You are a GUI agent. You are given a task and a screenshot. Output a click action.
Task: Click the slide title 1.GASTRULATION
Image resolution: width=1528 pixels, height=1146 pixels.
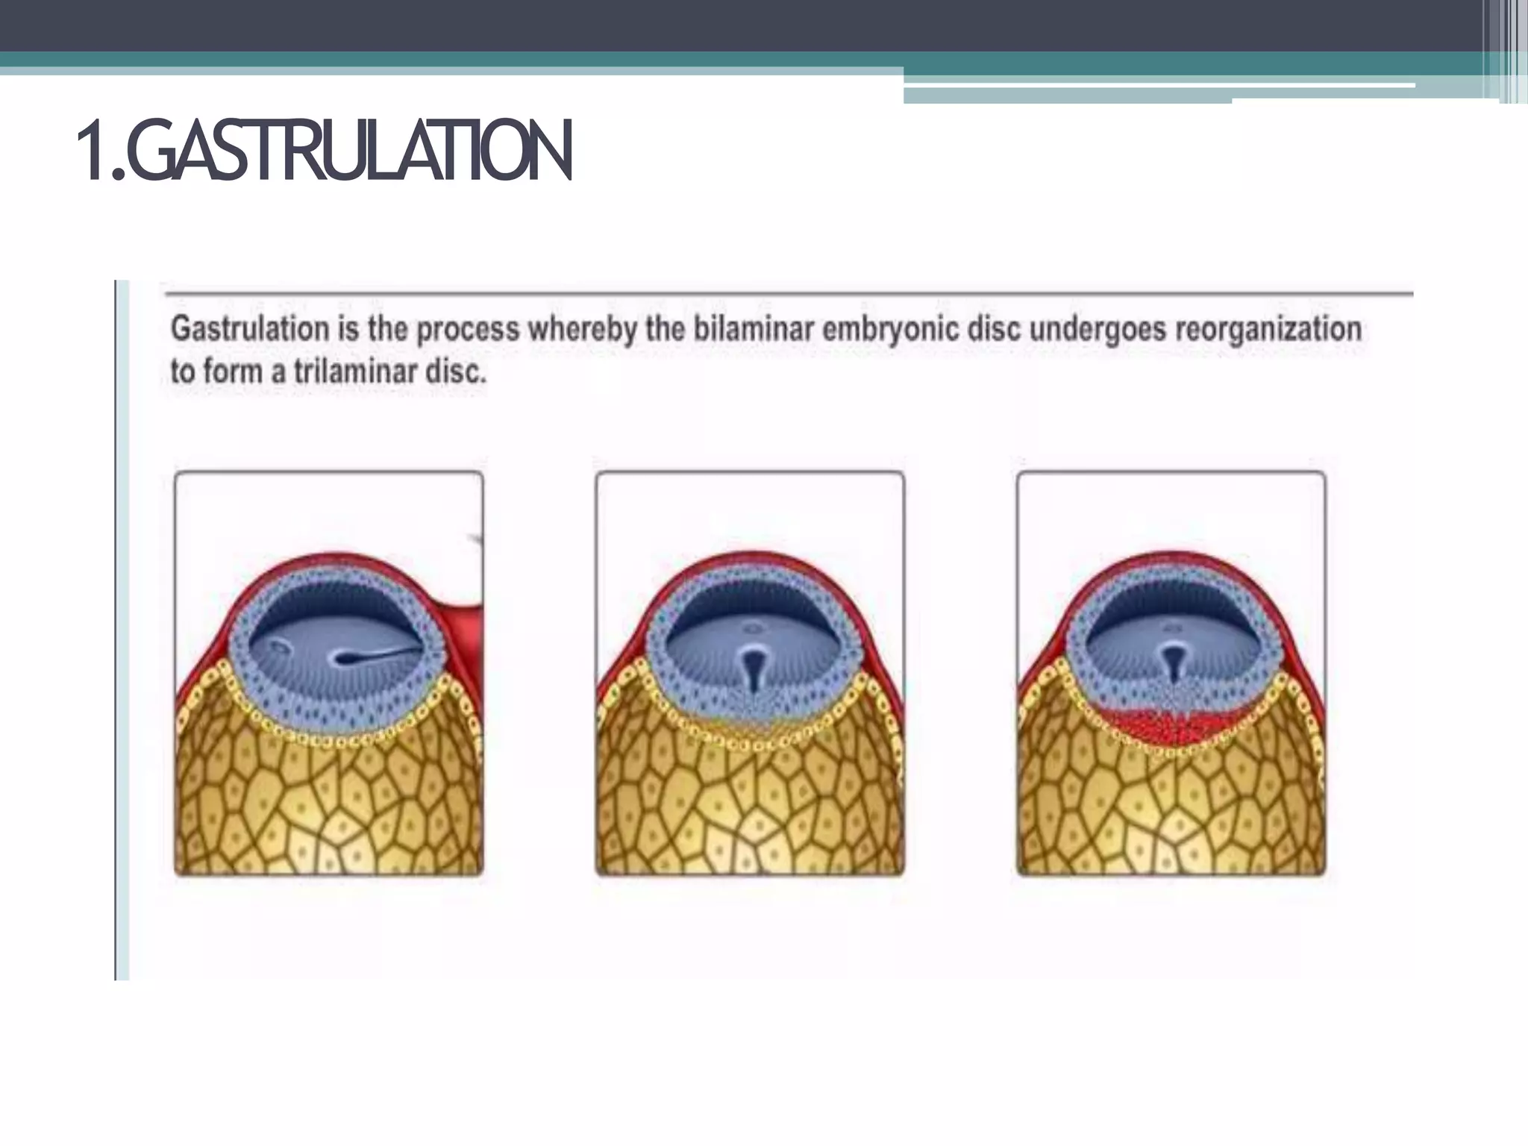tap(325, 151)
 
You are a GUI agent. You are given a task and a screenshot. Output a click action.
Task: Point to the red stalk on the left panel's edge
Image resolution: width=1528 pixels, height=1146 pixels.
tap(466, 619)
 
